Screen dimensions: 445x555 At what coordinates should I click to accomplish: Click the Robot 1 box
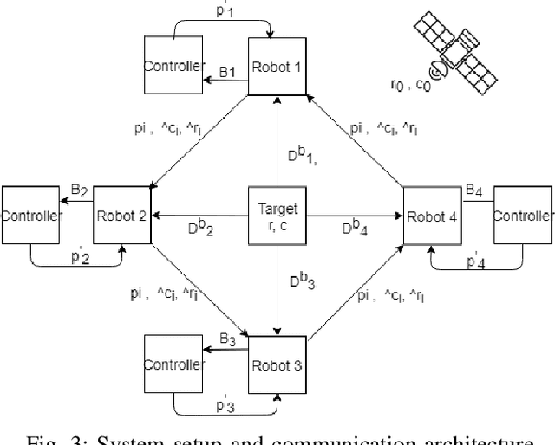click(x=276, y=66)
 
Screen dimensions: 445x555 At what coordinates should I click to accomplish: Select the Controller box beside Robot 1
click(x=173, y=67)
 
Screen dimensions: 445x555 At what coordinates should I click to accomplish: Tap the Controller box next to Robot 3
click(x=173, y=364)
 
